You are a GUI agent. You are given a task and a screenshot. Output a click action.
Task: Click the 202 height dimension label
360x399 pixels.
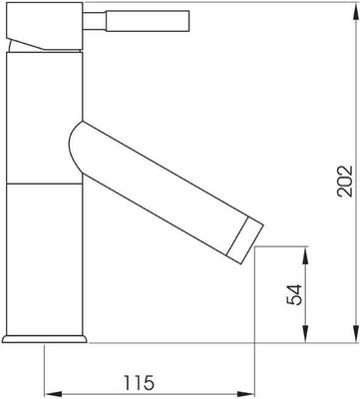344,181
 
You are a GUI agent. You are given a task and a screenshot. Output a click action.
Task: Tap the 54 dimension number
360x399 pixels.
294,294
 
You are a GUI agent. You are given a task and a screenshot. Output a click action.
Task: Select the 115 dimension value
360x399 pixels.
140,382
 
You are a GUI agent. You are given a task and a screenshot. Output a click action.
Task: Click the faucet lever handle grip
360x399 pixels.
148,21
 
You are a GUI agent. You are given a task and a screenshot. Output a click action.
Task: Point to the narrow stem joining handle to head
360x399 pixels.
94,21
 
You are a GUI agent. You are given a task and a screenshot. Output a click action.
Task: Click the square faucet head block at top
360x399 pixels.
44,26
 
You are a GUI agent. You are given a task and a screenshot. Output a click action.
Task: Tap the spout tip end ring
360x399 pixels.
244,240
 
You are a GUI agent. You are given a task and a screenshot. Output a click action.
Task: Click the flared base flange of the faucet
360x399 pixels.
44,339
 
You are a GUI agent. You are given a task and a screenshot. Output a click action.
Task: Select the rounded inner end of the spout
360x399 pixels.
76,147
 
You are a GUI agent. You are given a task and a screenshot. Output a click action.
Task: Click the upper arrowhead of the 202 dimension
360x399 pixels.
356,8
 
